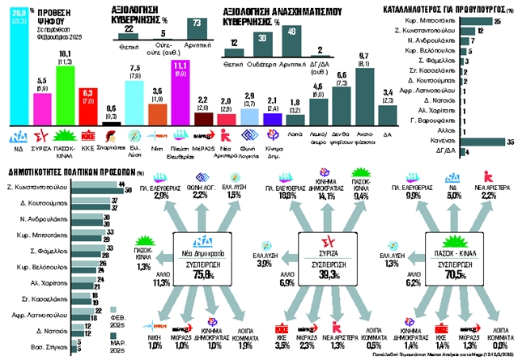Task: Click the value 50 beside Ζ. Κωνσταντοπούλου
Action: pos(128,184)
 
